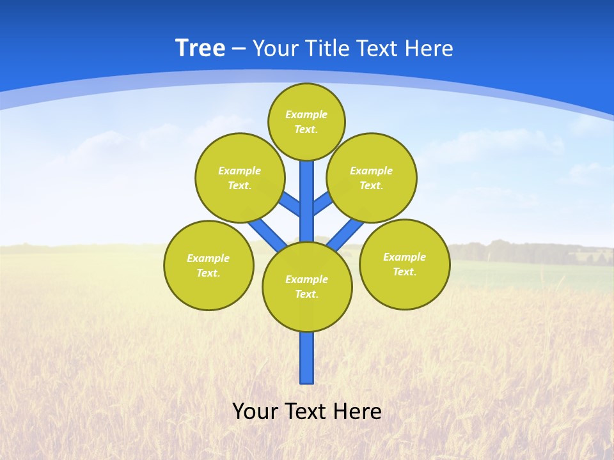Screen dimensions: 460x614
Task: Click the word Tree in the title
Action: click(200, 49)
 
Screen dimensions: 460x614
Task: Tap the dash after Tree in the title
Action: click(239, 49)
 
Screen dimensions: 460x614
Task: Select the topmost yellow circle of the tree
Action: click(306, 122)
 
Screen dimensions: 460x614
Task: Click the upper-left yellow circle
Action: click(239, 178)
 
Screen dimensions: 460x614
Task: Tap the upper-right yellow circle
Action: click(371, 178)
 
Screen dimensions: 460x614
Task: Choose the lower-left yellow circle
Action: click(209, 265)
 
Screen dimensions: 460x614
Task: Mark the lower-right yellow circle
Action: click(404, 264)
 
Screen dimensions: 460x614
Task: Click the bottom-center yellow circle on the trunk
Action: click(307, 287)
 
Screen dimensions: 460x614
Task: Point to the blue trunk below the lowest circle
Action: click(307, 358)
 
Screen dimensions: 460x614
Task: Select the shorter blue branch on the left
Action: click(290, 205)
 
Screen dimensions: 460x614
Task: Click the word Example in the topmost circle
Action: click(306, 115)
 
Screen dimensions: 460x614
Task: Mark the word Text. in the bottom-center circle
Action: click(306, 295)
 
